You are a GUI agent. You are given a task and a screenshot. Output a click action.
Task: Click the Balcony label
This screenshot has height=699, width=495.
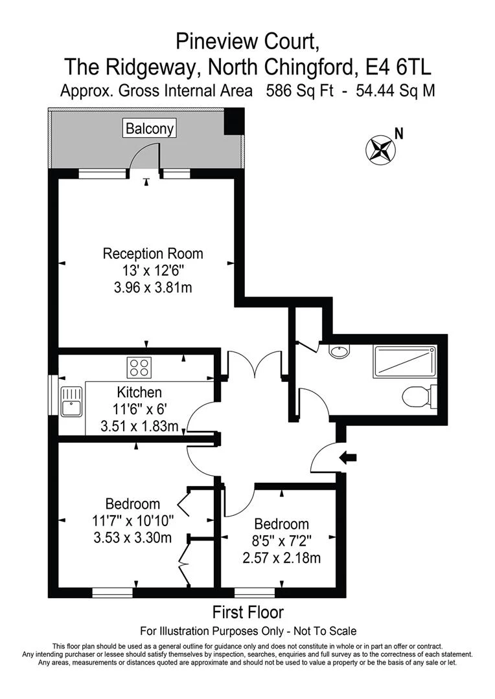tap(150, 128)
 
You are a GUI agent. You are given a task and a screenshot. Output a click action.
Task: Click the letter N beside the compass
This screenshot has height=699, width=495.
tap(400, 134)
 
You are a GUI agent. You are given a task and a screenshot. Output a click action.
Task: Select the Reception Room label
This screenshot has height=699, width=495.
tap(153, 253)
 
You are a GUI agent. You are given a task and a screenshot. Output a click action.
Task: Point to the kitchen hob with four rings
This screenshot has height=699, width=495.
tap(138, 368)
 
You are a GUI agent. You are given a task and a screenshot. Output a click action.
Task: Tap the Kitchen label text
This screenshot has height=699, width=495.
tap(139, 392)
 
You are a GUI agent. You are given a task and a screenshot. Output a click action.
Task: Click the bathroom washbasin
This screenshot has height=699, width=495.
tap(338, 352)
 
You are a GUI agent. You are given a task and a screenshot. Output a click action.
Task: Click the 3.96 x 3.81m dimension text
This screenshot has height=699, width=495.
tap(153, 287)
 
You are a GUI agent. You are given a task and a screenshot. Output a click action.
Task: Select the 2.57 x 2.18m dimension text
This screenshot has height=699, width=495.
tap(282, 557)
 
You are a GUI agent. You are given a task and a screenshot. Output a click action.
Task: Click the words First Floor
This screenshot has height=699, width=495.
tap(248, 612)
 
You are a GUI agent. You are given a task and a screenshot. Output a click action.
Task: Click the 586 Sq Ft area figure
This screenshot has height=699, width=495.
tap(299, 91)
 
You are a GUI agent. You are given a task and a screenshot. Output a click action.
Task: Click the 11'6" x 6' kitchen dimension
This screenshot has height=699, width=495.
tap(139, 410)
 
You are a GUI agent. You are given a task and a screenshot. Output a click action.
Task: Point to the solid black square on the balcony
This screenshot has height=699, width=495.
tap(233, 121)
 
